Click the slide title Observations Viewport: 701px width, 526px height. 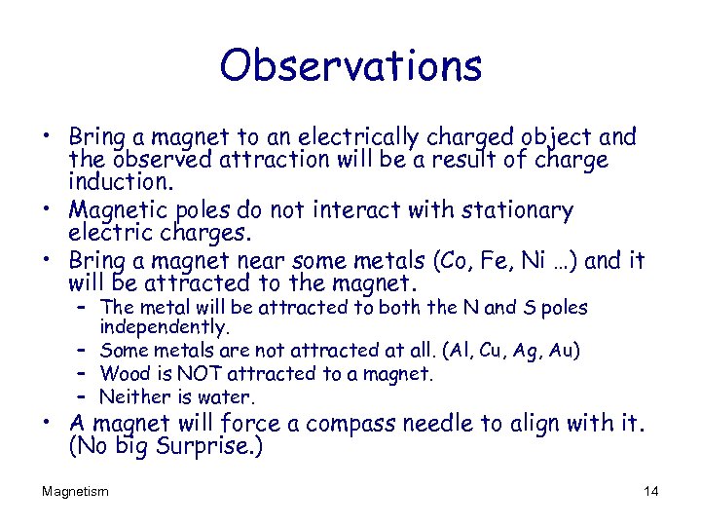point(350,65)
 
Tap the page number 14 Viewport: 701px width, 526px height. point(651,491)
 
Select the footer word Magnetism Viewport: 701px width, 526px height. point(75,491)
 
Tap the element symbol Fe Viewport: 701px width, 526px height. point(508,261)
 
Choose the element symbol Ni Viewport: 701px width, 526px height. point(546,261)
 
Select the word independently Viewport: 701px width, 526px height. point(165,327)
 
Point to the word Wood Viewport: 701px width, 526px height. point(123,373)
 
